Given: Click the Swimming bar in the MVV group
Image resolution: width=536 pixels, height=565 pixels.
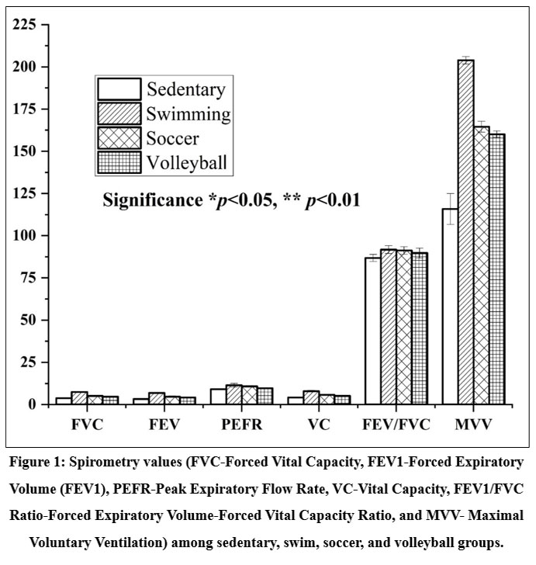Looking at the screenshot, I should click(465, 233).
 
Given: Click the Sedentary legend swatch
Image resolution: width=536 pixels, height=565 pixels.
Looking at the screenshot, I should click(118, 88).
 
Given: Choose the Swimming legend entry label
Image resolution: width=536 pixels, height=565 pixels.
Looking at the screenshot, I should click(188, 115).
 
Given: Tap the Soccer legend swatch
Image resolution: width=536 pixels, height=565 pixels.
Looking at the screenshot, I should click(118, 138).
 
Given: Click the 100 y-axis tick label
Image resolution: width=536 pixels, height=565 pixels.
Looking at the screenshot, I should click(26, 236).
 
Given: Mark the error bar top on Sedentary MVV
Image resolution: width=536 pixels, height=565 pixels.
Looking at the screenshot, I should click(450, 193).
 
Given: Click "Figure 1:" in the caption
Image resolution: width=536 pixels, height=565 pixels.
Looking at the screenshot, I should click(49, 463).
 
